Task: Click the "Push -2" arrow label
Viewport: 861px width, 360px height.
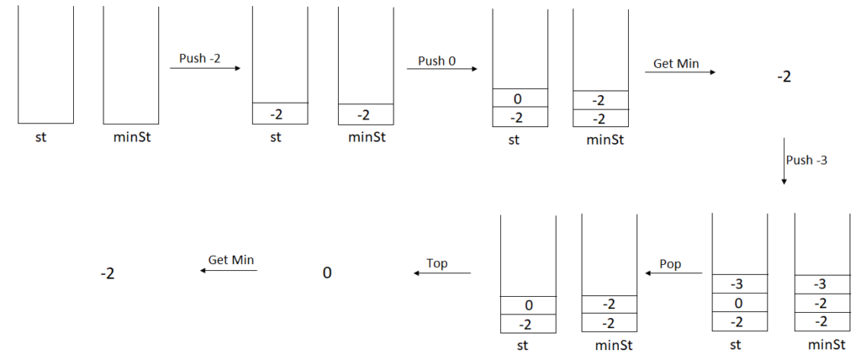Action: pyautogui.click(x=200, y=58)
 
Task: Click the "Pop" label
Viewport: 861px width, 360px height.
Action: pyautogui.click(x=670, y=264)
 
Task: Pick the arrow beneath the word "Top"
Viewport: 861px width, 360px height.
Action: pyautogui.click(x=441, y=273)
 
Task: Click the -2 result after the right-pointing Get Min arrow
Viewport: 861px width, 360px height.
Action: pyautogui.click(x=784, y=77)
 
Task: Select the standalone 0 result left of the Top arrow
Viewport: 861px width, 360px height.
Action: pyautogui.click(x=327, y=273)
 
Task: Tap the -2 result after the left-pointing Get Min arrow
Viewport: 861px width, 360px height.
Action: pyautogui.click(x=108, y=273)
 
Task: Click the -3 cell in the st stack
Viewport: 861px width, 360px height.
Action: pyautogui.click(x=740, y=283)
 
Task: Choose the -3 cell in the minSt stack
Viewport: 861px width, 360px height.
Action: pyautogui.click(x=821, y=284)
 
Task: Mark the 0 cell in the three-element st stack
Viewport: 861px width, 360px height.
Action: pyautogui.click(x=740, y=303)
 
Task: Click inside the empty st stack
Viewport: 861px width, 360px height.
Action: pyautogui.click(x=45, y=67)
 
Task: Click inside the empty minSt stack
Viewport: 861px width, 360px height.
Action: pyautogui.click(x=131, y=67)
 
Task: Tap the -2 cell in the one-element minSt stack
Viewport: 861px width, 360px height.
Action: pyautogui.click(x=366, y=114)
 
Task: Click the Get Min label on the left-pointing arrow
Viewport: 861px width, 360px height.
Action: pyautogui.click(x=231, y=261)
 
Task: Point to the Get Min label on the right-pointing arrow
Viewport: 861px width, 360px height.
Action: pyautogui.click(x=676, y=63)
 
